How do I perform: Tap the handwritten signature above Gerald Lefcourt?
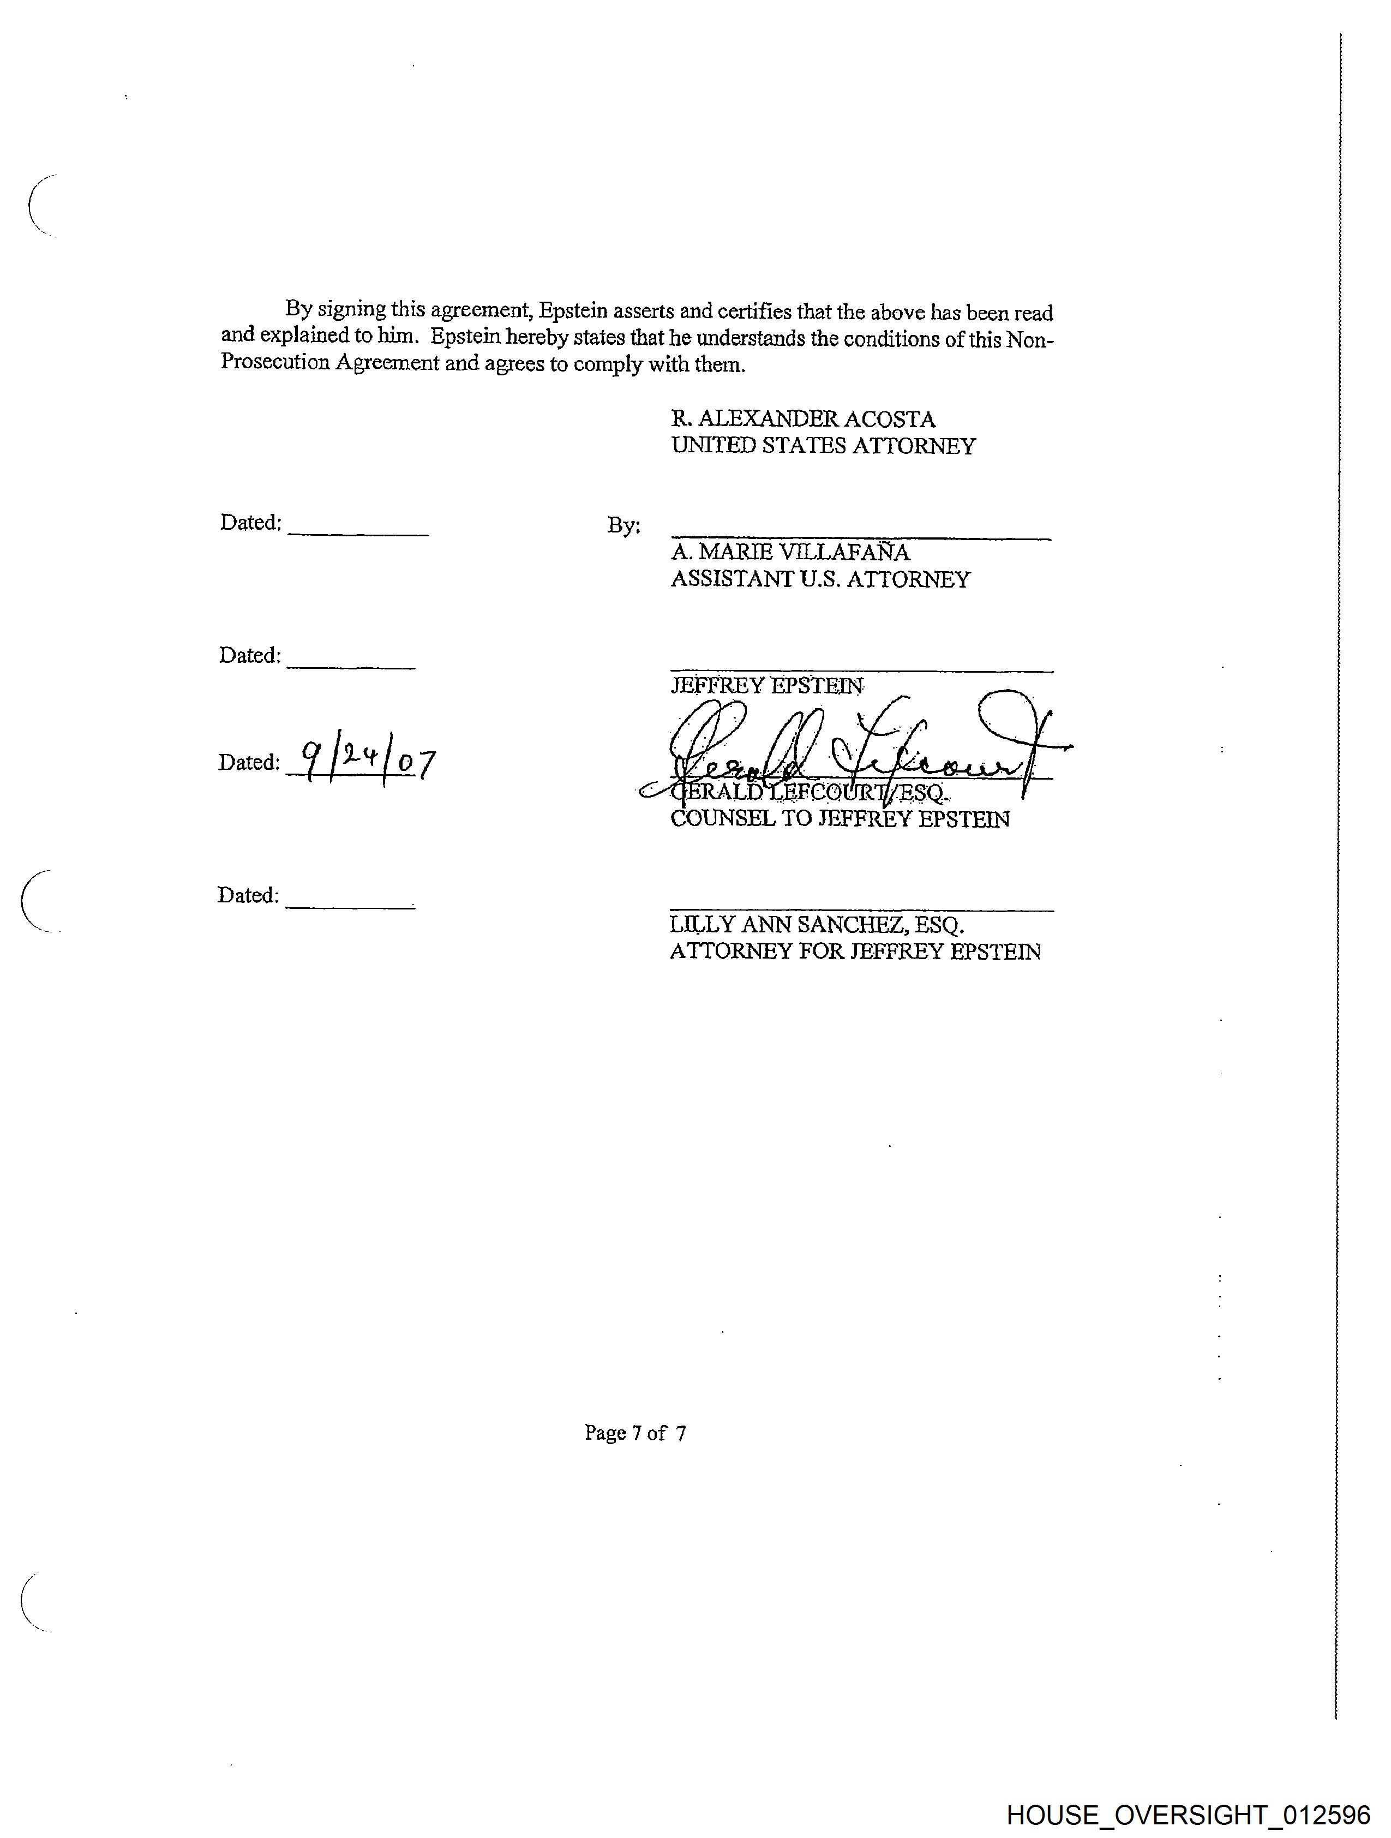(856, 744)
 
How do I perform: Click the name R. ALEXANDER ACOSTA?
(803, 419)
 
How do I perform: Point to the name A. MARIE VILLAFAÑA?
(789, 553)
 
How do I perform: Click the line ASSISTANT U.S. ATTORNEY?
(820, 579)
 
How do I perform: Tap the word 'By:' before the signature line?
(623, 525)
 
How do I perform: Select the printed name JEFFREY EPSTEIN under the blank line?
(766, 686)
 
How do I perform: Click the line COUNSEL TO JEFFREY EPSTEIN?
(840, 819)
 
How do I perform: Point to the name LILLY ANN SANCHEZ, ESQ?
(817, 925)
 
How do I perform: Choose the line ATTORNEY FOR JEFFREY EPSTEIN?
(855, 951)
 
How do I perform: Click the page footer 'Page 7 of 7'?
(635, 1433)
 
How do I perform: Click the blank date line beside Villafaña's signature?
(358, 532)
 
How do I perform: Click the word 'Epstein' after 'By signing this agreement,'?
(573, 311)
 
